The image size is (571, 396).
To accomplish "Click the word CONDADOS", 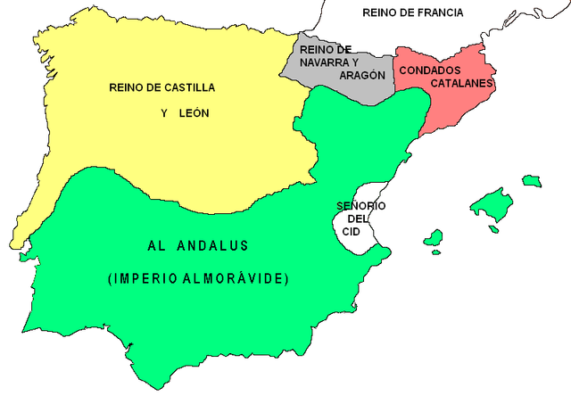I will [430, 70].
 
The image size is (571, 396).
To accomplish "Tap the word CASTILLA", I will [184, 87].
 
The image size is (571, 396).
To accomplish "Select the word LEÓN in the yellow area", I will [195, 114].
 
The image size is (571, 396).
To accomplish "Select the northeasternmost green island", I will [533, 181].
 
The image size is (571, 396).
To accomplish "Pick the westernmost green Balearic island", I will [434, 238].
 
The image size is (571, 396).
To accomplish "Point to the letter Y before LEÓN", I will [165, 114].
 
